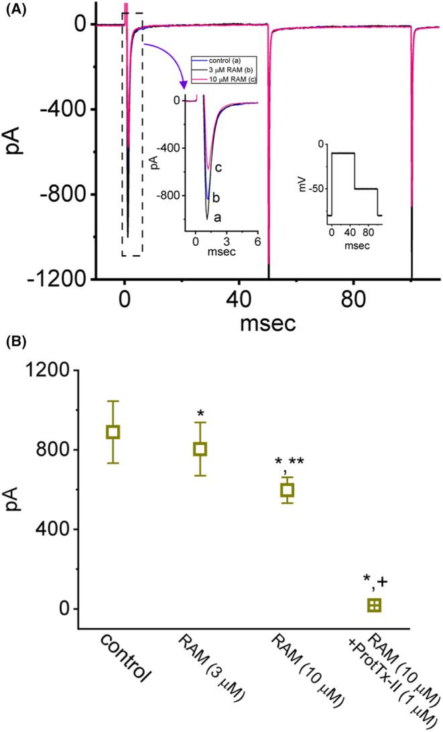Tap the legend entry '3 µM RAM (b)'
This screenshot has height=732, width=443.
coord(225,69)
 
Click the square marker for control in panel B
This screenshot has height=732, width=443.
coord(113,432)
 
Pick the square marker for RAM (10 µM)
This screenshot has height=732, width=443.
coord(287,490)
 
